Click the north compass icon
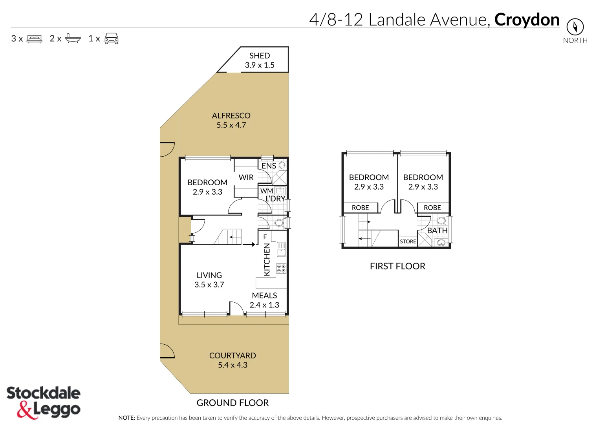(575, 27)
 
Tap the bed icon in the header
(34, 39)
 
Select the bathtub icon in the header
(73, 38)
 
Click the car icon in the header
(112, 38)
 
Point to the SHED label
(260, 56)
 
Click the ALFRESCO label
(231, 116)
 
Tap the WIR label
(246, 177)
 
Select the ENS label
(269, 166)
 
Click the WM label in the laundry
(266, 191)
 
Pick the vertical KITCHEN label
(267, 260)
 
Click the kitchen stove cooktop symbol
(281, 269)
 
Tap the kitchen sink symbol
(281, 249)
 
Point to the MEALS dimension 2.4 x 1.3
(264, 305)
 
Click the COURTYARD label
(233, 356)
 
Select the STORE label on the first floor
(408, 241)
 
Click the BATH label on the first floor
(437, 230)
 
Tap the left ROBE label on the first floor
(360, 208)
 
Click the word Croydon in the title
(527, 20)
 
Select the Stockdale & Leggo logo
(43, 402)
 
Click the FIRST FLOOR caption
(397, 266)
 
